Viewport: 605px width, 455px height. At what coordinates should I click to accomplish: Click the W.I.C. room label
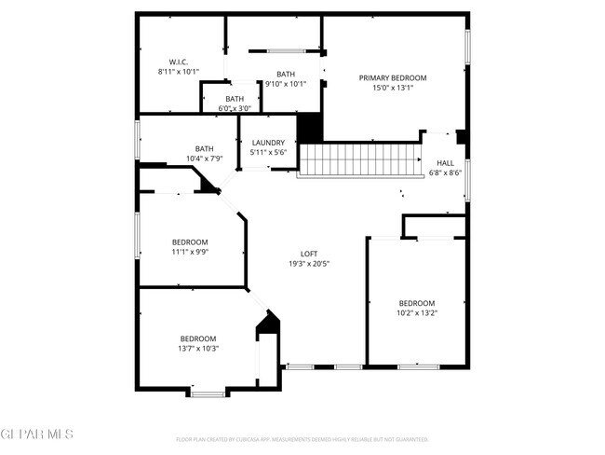(179, 62)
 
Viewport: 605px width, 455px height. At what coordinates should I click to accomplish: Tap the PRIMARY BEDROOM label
(393, 77)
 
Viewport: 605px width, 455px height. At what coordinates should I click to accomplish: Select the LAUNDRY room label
(268, 143)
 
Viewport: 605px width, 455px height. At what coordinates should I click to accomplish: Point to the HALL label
(445, 162)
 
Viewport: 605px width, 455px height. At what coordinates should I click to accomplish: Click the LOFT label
(309, 254)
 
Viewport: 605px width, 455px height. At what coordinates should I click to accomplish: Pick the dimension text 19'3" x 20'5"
(309, 264)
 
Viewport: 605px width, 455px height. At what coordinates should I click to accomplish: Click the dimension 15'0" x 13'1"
(393, 88)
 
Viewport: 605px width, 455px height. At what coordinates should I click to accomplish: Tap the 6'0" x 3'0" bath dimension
(235, 108)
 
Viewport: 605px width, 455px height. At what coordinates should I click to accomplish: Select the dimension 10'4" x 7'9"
(204, 159)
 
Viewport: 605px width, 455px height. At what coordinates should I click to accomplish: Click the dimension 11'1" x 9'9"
(189, 252)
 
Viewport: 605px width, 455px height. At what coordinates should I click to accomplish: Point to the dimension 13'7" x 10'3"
(198, 349)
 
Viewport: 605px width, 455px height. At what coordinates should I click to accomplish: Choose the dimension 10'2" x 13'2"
(417, 313)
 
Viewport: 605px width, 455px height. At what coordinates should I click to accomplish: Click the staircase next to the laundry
(358, 159)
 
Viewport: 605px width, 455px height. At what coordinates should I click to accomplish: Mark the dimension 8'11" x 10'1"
(179, 72)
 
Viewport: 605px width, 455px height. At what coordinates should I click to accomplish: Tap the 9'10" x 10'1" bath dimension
(286, 85)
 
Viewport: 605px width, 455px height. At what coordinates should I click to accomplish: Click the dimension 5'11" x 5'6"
(268, 152)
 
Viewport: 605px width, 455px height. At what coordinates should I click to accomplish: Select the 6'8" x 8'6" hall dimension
(445, 172)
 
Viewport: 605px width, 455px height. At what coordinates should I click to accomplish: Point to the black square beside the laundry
(308, 128)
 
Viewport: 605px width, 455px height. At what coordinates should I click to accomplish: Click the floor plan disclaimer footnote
(302, 438)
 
